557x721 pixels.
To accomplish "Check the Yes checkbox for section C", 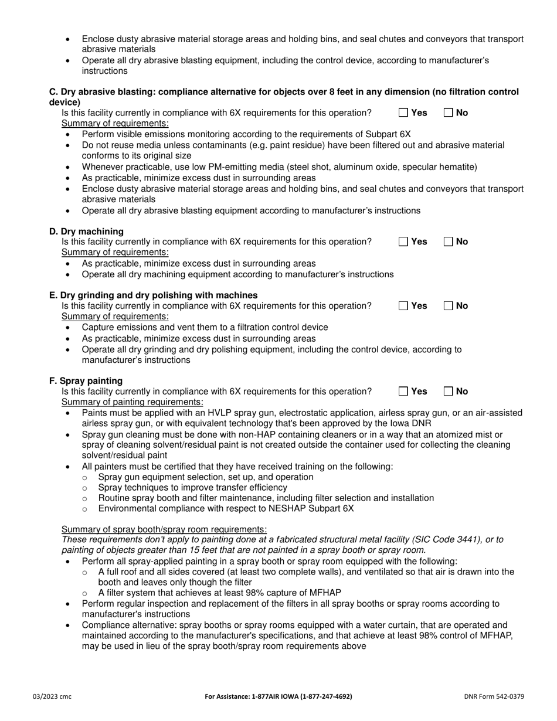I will (x=403, y=113).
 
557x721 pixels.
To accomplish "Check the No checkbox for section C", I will (x=449, y=113).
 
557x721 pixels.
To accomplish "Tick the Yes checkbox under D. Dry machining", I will (x=403, y=242).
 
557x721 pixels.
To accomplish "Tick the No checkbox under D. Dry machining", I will (x=449, y=242).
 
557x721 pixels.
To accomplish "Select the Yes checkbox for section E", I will (x=403, y=305).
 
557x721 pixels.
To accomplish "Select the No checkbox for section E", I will (x=449, y=305).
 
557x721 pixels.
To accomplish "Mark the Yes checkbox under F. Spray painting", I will (x=403, y=392).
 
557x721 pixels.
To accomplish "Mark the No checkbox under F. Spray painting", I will (x=449, y=392).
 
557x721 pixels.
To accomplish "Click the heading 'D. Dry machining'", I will (x=86, y=231).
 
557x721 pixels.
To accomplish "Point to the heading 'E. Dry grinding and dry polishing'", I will (x=153, y=295).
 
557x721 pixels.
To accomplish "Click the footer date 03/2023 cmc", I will (x=52, y=696).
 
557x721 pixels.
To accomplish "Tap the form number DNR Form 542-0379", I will (x=494, y=696).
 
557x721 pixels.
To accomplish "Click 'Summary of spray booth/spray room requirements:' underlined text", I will (x=164, y=529).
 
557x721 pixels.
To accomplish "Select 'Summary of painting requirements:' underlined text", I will (x=133, y=402).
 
